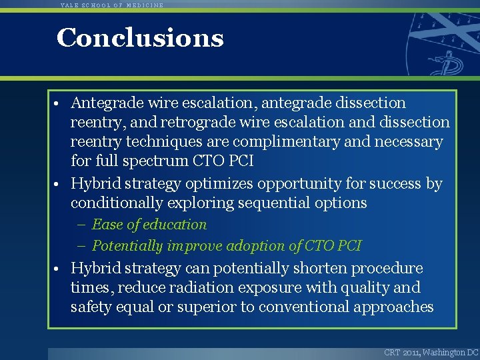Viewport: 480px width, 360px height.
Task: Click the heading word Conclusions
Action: click(x=140, y=38)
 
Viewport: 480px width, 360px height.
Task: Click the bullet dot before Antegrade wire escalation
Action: click(x=59, y=104)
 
